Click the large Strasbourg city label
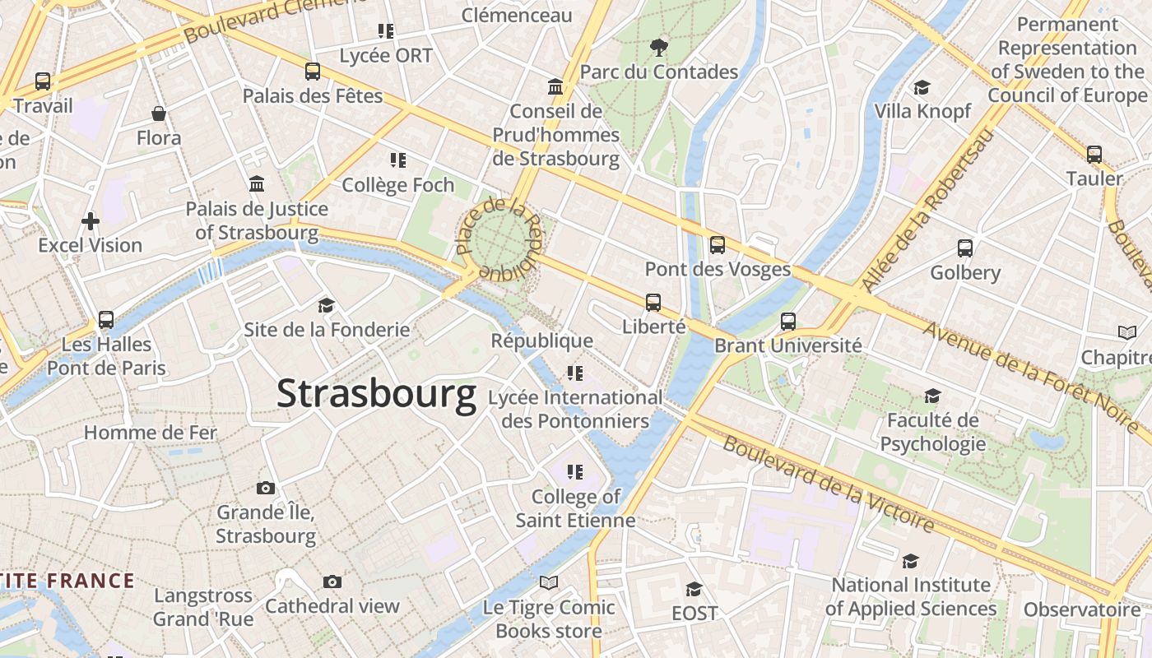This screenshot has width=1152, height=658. point(376,393)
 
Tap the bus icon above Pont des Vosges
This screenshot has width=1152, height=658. point(718,244)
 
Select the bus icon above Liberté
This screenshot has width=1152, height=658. point(653,302)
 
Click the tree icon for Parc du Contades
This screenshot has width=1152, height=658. point(658,47)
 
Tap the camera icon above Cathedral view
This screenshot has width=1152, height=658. point(332,582)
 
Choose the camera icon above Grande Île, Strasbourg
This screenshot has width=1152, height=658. point(265,488)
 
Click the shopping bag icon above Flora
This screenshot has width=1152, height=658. point(159,113)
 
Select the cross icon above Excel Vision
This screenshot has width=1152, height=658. point(91,220)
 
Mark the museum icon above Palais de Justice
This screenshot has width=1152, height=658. point(257,183)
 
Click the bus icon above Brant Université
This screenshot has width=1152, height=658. point(788,321)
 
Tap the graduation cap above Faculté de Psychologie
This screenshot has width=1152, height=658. point(932,396)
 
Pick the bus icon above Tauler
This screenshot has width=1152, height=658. point(1094,154)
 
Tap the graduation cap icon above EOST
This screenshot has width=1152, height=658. point(694,589)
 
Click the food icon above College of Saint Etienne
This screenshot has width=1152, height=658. point(575,472)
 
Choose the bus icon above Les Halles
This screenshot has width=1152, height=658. point(106,319)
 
